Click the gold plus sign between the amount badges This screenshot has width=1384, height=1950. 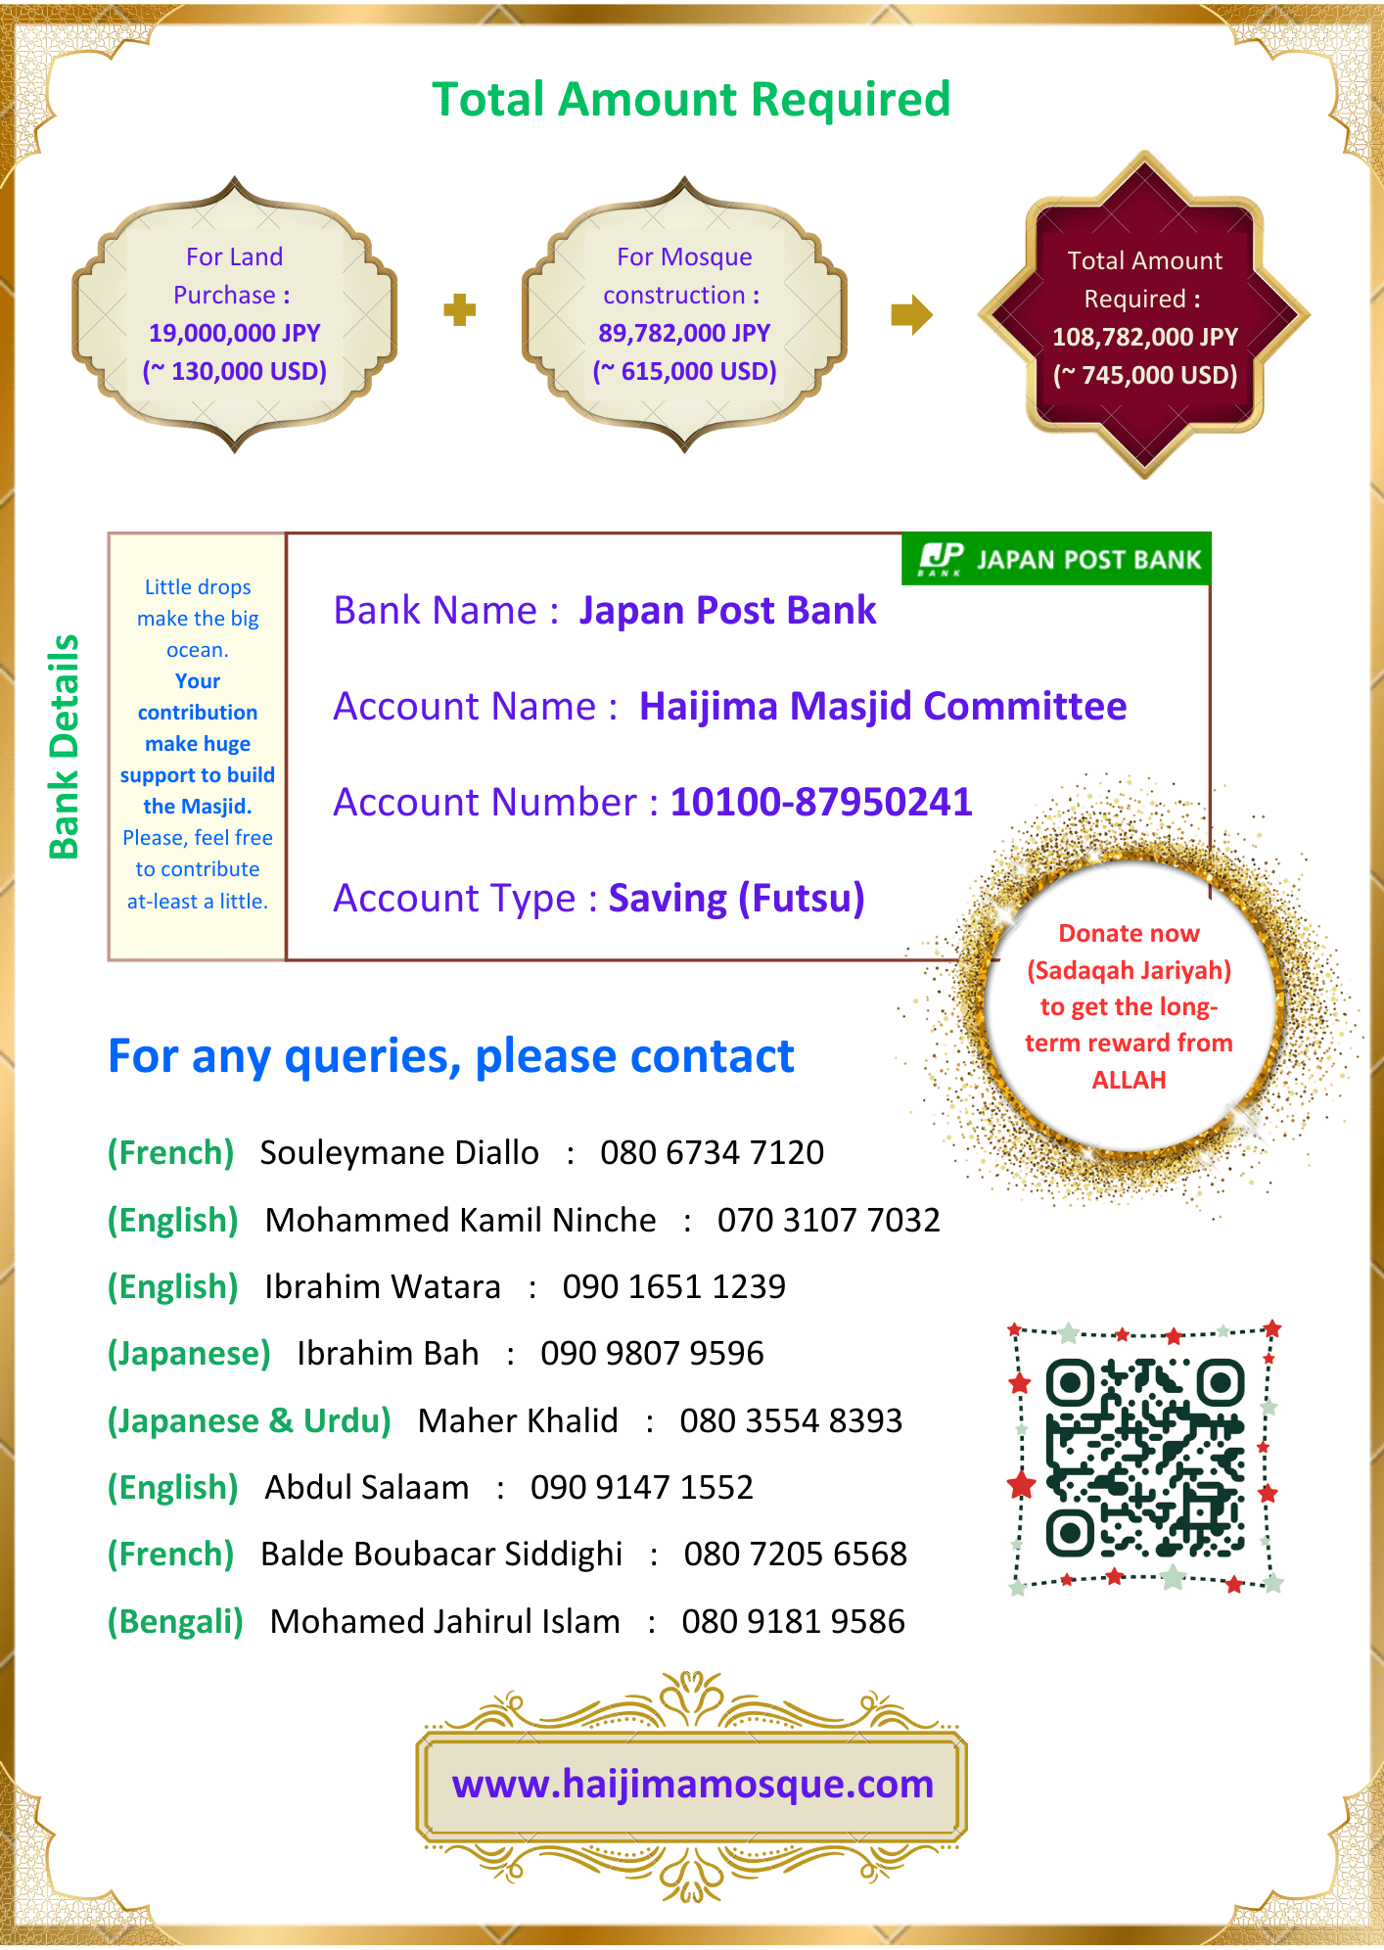(x=459, y=310)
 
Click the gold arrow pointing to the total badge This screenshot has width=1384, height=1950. (x=911, y=314)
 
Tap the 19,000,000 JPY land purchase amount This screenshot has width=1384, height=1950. (x=235, y=333)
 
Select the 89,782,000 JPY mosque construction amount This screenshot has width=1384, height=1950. (x=684, y=333)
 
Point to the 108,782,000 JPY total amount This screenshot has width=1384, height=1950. (x=1145, y=337)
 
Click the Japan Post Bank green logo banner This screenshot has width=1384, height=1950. (x=1057, y=559)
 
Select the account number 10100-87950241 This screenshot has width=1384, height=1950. (x=821, y=802)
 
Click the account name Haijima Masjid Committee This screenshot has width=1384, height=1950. (x=883, y=706)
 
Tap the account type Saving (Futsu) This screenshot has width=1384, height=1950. (x=736, y=898)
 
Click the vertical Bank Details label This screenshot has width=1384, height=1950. (x=64, y=747)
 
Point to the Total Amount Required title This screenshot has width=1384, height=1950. (x=691, y=99)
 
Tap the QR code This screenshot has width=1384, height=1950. (x=1144, y=1458)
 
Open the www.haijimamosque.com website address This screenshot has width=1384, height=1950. (x=692, y=1784)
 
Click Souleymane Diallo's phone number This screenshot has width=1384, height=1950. (x=712, y=1152)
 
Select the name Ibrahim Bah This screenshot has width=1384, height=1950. (x=388, y=1353)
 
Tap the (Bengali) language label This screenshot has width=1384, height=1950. (x=175, y=1621)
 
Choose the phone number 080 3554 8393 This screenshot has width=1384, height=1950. (x=791, y=1420)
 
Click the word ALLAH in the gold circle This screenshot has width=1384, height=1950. (x=1129, y=1080)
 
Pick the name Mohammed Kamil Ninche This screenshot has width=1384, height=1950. (x=460, y=1220)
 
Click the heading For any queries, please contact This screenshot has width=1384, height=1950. (x=450, y=1056)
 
